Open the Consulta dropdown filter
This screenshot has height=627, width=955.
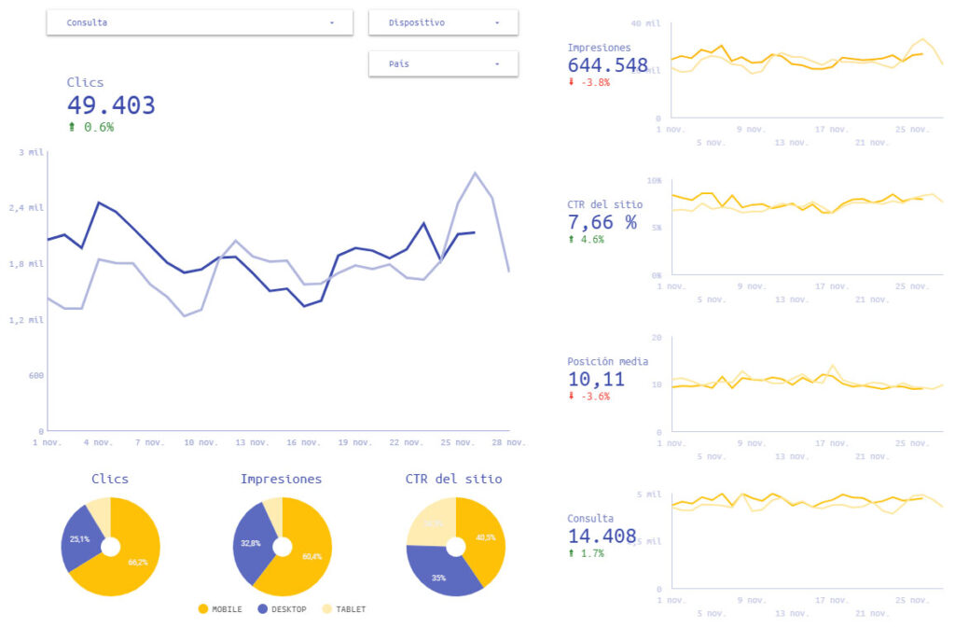(200, 22)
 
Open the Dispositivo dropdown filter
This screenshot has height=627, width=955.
(443, 22)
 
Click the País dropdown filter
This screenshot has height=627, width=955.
(443, 63)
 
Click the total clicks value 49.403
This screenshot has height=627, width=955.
(111, 105)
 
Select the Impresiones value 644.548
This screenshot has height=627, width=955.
(607, 65)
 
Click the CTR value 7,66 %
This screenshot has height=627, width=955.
(602, 222)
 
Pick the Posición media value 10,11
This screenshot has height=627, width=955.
(596, 379)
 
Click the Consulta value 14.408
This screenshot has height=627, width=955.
(602, 536)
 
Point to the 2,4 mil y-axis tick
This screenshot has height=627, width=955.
(31, 207)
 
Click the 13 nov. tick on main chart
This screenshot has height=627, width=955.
(253, 442)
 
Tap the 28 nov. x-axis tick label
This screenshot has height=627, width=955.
(509, 442)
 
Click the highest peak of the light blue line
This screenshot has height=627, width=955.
(476, 173)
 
